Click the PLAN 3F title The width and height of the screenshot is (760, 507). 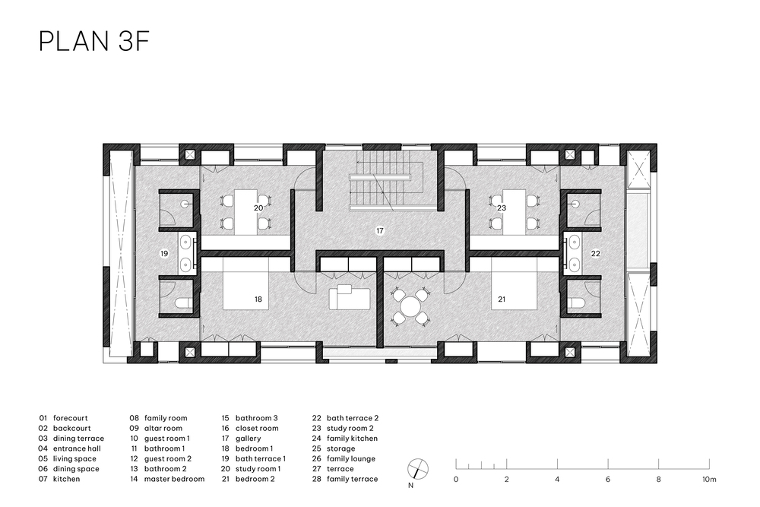(x=93, y=41)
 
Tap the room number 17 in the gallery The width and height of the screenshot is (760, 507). (x=380, y=231)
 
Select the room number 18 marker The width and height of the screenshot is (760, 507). (x=258, y=299)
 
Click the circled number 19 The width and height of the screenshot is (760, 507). (x=164, y=254)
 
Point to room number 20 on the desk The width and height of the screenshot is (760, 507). (x=258, y=208)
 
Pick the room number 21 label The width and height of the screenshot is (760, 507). (x=502, y=299)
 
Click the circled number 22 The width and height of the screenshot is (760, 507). (x=596, y=254)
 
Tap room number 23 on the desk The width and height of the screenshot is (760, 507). (x=502, y=208)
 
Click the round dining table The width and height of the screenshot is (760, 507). (x=410, y=306)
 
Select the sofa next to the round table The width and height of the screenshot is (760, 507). (x=349, y=298)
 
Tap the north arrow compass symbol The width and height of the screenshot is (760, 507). (x=418, y=468)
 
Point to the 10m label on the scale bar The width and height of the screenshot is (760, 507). (x=709, y=480)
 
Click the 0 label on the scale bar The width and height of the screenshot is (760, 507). (x=455, y=480)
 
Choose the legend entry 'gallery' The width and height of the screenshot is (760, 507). (x=249, y=438)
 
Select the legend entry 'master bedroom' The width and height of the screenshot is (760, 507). (x=175, y=479)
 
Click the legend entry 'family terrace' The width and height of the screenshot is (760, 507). (x=353, y=479)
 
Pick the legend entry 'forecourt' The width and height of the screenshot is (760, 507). (x=71, y=418)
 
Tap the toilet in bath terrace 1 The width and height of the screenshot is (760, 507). (x=181, y=303)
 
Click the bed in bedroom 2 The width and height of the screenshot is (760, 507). (x=514, y=284)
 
